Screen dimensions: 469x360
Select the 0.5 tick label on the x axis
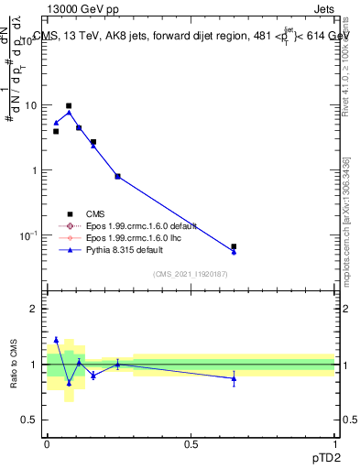[x=191, y=444]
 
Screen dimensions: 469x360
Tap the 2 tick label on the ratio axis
[x=34, y=309]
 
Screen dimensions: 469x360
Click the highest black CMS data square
[x=69, y=106]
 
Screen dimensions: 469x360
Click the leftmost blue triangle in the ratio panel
[x=56, y=340]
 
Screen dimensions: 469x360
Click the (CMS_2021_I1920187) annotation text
[x=191, y=273]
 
